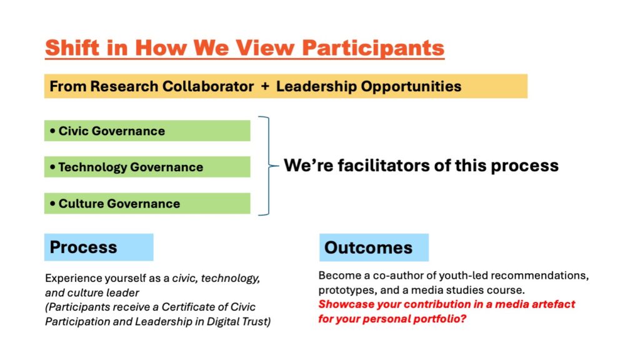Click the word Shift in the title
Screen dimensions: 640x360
click(72, 47)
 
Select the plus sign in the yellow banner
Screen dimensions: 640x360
click(265, 86)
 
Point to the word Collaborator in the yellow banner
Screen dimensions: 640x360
click(208, 86)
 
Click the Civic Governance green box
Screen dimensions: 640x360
click(147, 131)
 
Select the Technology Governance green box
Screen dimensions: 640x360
click(147, 166)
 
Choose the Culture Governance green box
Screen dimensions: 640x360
click(147, 203)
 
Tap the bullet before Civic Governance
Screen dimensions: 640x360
click(52, 131)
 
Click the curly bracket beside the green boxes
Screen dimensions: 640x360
click(269, 166)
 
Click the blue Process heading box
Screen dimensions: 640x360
click(99, 247)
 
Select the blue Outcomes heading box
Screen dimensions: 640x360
click(374, 247)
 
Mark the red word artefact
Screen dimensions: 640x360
click(555, 304)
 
